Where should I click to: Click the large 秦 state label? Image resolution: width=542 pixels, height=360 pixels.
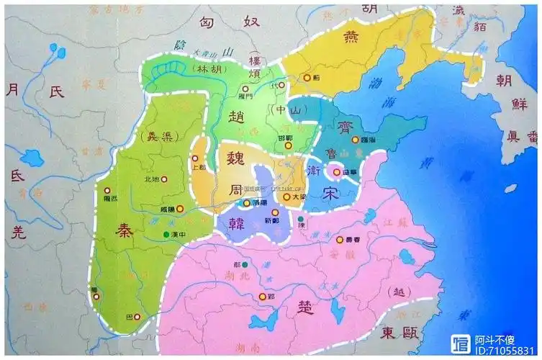pos(122,230)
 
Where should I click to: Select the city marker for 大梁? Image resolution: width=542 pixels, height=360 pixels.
pos(286,197)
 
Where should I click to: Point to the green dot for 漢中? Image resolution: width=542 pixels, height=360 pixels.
pos(167,235)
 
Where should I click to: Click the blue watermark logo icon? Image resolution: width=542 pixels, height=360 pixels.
pos(460,343)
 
